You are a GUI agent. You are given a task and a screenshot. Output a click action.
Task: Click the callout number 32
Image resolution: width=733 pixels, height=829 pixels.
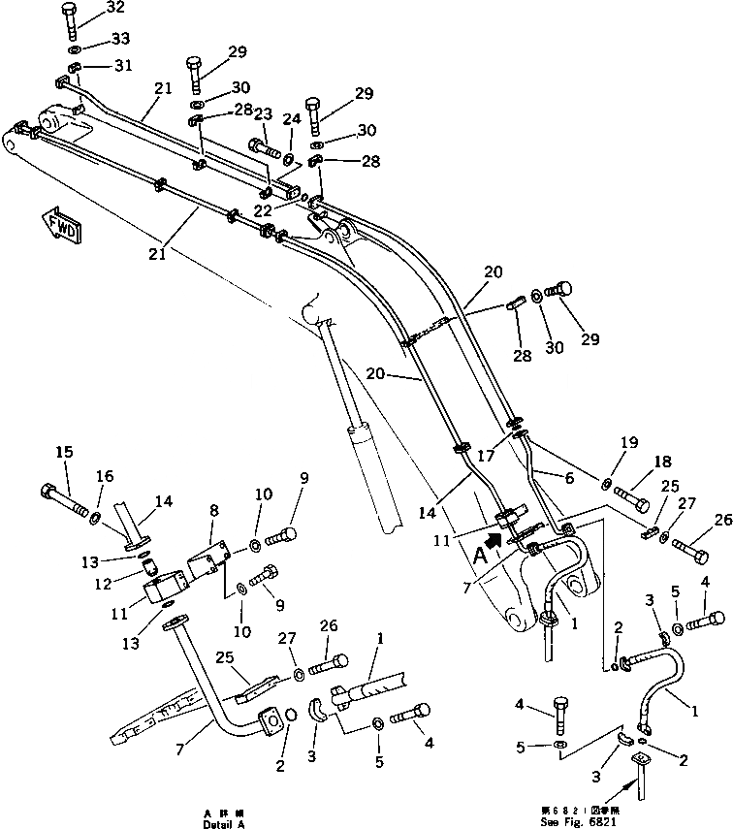point(115,7)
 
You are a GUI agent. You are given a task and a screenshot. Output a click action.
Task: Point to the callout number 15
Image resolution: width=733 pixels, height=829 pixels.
point(64,451)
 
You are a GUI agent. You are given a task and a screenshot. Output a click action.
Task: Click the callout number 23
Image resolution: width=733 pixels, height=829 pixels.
point(262,114)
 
